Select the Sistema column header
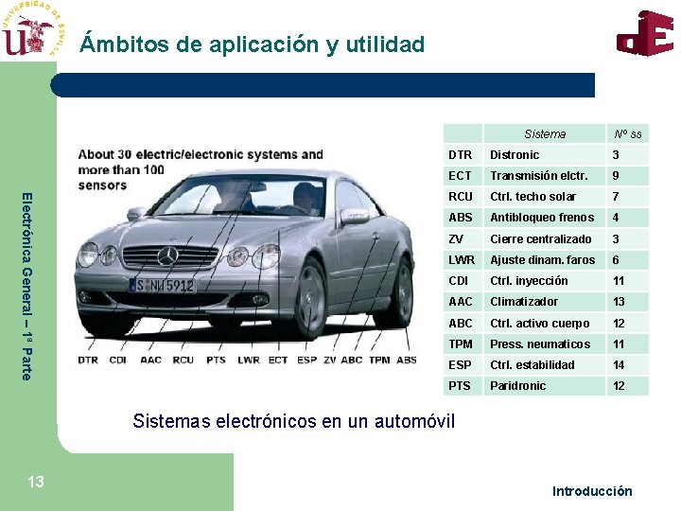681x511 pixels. (x=545, y=134)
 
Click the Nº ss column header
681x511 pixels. (x=627, y=134)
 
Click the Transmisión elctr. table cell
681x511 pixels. (x=538, y=176)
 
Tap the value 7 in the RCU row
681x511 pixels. (x=616, y=197)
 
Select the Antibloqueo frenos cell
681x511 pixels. (x=542, y=218)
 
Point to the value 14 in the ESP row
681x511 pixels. (x=619, y=365)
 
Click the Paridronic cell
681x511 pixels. (x=517, y=386)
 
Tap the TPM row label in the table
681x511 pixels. (x=461, y=344)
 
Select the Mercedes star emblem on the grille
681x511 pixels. (x=167, y=255)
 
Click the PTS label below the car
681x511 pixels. (x=217, y=360)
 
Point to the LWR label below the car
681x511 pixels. (x=248, y=360)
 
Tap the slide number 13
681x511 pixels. (x=36, y=483)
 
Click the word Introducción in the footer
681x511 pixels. (x=592, y=491)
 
